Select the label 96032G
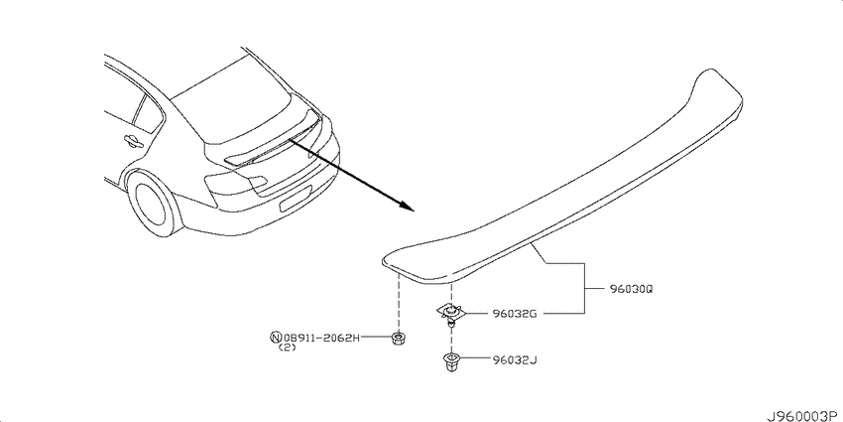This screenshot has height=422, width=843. [515, 314]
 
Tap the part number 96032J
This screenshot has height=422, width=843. [515, 359]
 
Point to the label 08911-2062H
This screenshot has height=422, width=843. [321, 338]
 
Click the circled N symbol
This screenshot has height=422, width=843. [276, 338]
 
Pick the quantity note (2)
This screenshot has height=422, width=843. [289, 348]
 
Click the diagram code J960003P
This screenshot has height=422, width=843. [803, 415]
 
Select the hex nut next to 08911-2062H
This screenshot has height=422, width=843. [398, 339]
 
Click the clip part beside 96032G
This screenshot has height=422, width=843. [450, 313]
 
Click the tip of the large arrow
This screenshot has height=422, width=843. [415, 211]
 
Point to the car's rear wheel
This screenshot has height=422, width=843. [154, 202]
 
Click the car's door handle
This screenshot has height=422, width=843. [132, 141]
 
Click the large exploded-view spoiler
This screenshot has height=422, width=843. [562, 178]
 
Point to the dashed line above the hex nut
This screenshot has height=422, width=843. [399, 302]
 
